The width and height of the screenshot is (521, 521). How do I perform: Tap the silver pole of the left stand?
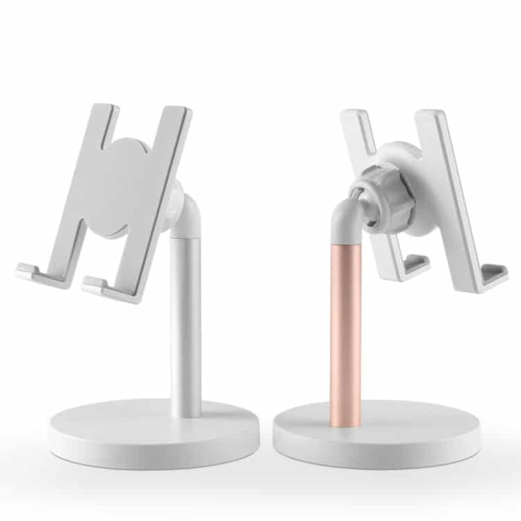185,326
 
